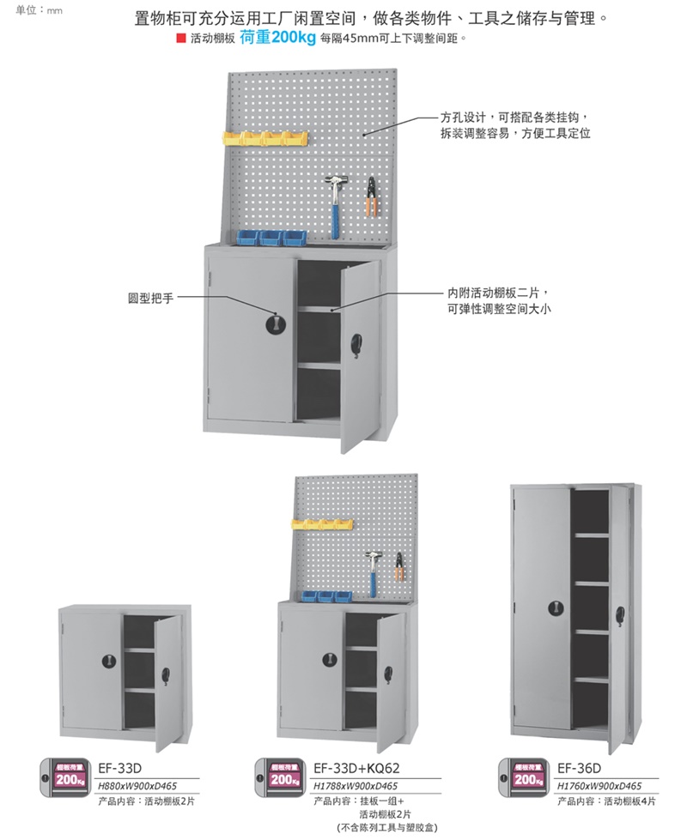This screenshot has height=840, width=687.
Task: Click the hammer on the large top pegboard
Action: [x=333, y=202]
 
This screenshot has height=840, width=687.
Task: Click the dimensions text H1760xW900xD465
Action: [x=599, y=785]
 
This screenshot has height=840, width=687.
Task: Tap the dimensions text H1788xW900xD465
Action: [x=356, y=785]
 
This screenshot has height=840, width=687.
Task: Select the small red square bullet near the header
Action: [x=180, y=39]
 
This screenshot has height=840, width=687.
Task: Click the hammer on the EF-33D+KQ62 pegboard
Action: [x=374, y=566]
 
